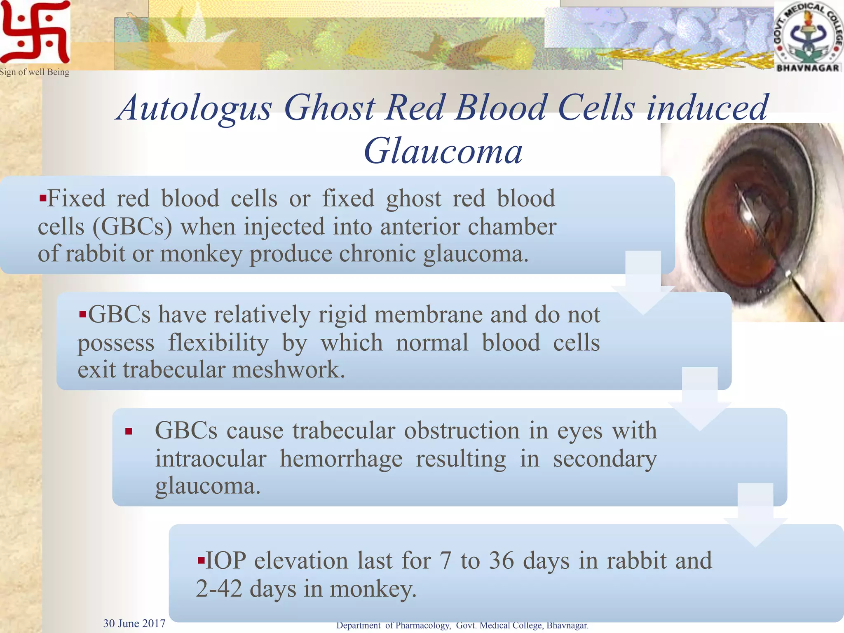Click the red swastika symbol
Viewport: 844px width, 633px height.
35,32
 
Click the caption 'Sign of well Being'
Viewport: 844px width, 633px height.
35,72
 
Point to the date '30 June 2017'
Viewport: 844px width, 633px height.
134,624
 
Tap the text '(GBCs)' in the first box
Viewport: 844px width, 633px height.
132,227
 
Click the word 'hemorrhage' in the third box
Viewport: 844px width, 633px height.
341,459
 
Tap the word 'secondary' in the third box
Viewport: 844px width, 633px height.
605,459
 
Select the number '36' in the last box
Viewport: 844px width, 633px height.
502,560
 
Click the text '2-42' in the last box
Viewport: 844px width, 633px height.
219,588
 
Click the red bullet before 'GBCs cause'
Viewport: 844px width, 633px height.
129,431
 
